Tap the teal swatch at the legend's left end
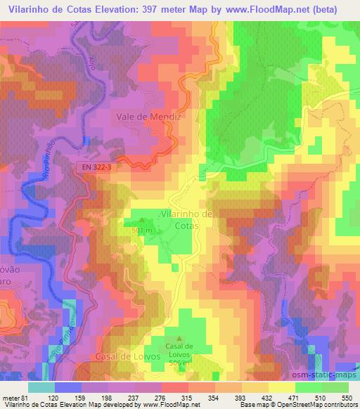pos(41,387)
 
